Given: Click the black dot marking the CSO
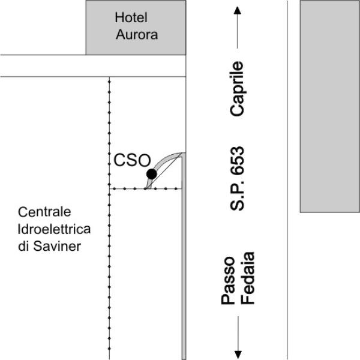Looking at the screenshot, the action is (x=152, y=174).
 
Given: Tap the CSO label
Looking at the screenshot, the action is (x=132, y=160).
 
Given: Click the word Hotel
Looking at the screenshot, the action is (x=131, y=17).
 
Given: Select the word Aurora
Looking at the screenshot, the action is (x=137, y=34).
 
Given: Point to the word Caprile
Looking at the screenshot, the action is (x=237, y=89).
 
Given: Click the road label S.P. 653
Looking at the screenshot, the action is (x=237, y=178).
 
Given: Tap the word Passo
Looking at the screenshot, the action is (x=228, y=280).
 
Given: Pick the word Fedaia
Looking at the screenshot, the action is (x=247, y=278).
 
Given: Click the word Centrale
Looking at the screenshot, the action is (x=44, y=212).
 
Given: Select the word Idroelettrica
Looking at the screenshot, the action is (x=54, y=229).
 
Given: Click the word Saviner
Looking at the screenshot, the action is (x=57, y=246).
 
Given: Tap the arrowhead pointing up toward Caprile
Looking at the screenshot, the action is (x=238, y=10).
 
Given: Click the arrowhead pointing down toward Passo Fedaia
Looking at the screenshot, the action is (x=238, y=355).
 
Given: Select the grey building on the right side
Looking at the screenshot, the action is (x=330, y=106).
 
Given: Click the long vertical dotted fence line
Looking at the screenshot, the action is (x=109, y=218).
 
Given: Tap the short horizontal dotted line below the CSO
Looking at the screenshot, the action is (x=146, y=189).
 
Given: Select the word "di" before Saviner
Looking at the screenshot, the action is (x=23, y=246).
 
